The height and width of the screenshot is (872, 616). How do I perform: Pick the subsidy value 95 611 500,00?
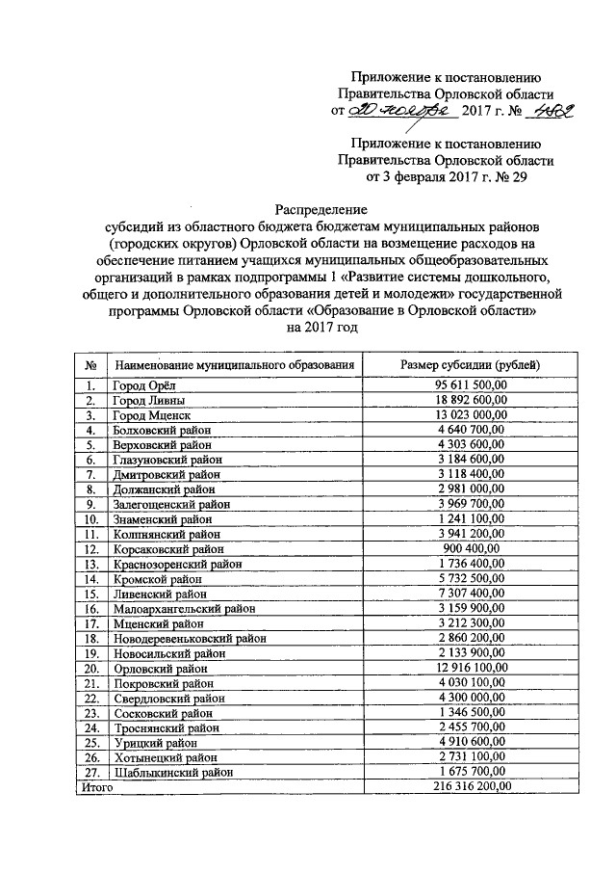click(470, 385)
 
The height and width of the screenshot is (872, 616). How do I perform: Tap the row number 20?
click(91, 668)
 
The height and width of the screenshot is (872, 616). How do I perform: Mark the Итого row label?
click(95, 787)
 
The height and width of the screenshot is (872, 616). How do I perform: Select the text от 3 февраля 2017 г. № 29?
click(446, 177)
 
